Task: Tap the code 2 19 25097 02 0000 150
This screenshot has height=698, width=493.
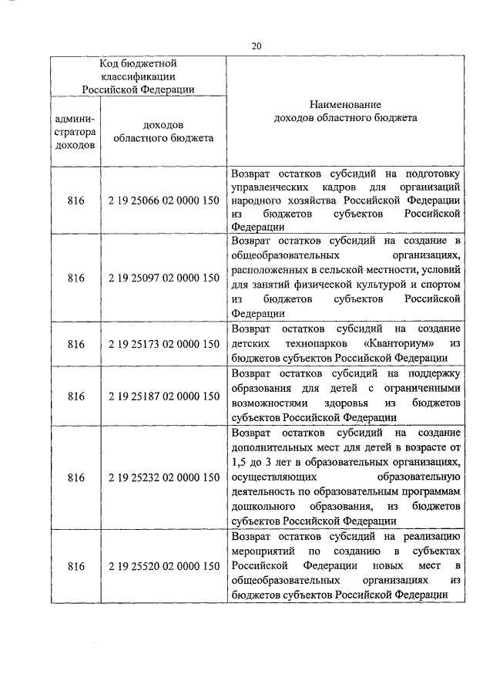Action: click(x=163, y=278)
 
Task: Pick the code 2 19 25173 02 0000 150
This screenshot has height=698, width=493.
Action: click(x=163, y=344)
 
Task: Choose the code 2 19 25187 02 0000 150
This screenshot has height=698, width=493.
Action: click(x=163, y=396)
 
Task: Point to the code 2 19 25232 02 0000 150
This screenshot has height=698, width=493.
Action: click(x=163, y=477)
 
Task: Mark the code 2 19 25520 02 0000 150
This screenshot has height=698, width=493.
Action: click(x=163, y=567)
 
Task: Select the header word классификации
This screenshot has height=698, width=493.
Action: click(x=139, y=76)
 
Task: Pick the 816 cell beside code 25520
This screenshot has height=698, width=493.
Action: click(x=75, y=567)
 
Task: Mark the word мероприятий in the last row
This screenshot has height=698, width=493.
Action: click(x=263, y=551)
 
